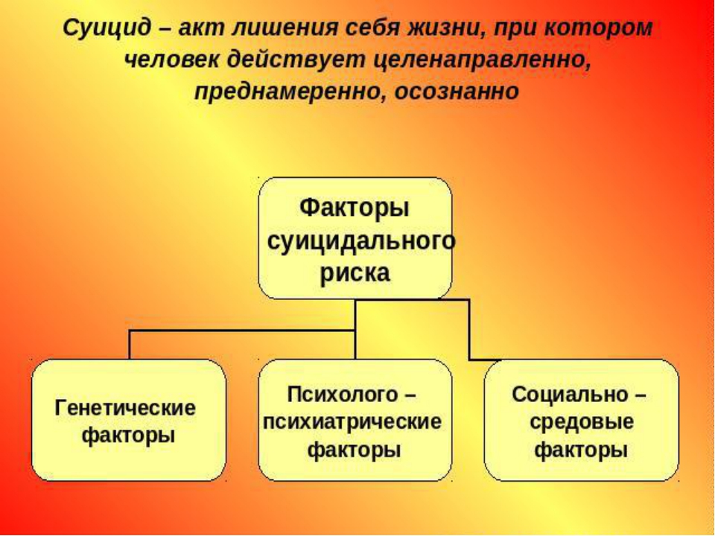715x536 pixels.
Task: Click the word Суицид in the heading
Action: (107, 29)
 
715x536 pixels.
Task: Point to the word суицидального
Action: (360, 241)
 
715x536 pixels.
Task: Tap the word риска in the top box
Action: (355, 273)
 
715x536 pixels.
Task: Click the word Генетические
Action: (125, 407)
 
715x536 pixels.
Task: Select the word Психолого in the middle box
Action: (342, 395)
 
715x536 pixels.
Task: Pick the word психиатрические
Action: (352, 421)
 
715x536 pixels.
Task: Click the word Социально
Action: (571, 395)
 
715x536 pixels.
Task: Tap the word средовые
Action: (582, 422)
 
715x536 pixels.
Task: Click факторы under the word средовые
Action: (582, 450)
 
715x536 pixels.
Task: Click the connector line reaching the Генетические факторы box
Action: (242, 331)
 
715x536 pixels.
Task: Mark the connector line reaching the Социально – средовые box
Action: (470, 330)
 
